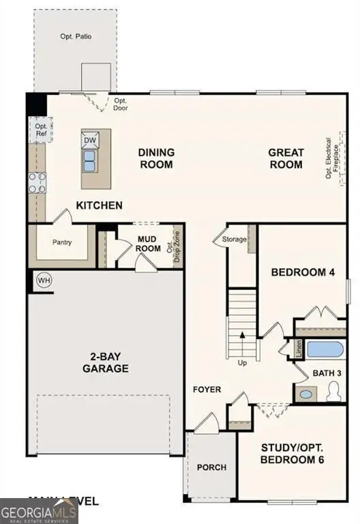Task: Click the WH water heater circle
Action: click(44, 280)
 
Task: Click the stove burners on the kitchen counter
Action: click(37, 182)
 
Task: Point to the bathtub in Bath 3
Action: click(325, 349)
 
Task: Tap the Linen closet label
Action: click(299, 349)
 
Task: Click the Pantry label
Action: click(61, 242)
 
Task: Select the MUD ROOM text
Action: click(148, 243)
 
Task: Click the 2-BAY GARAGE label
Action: click(105, 362)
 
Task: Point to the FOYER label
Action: click(207, 390)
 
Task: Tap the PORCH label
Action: click(211, 467)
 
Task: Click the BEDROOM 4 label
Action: click(303, 273)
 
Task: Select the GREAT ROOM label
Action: click(285, 159)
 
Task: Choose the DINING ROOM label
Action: click(156, 159)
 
